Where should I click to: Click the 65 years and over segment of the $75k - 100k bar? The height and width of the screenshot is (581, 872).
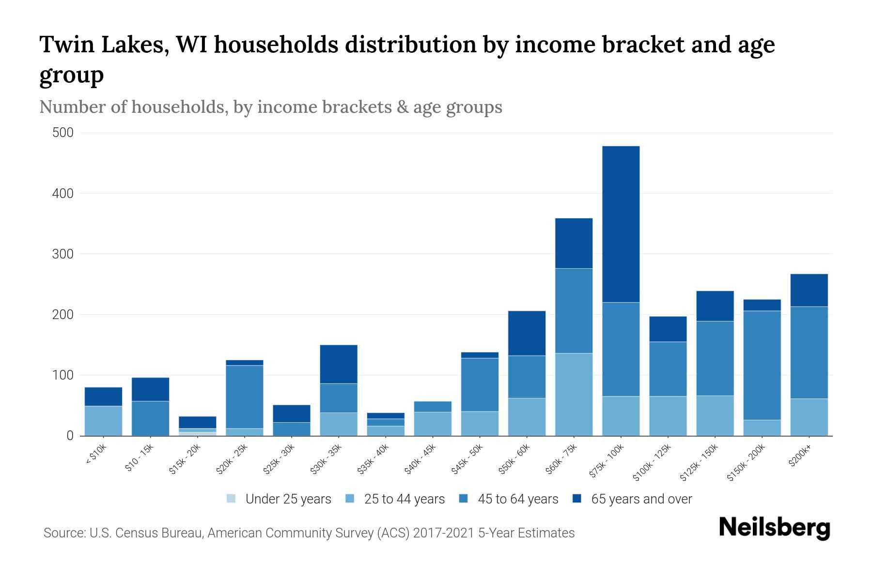click(x=621, y=224)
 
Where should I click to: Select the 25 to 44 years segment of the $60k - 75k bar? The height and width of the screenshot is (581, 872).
click(x=574, y=394)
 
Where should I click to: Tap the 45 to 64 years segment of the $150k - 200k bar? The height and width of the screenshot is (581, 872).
click(x=762, y=365)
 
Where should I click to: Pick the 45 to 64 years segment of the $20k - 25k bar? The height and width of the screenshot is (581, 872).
click(x=245, y=397)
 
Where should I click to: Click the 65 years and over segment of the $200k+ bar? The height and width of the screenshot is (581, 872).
click(x=809, y=290)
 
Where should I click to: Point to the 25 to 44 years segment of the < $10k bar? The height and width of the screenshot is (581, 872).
click(x=103, y=420)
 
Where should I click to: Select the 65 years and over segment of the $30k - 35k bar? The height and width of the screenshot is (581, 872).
click(x=339, y=364)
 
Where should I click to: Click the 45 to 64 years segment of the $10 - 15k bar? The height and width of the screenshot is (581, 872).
click(x=150, y=418)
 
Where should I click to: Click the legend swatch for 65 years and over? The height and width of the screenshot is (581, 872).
click(x=577, y=499)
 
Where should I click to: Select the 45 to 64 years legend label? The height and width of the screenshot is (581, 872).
click(x=518, y=499)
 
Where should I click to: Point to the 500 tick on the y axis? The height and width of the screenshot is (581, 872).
click(x=62, y=133)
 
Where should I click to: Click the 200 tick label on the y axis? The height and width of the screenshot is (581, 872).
click(x=62, y=315)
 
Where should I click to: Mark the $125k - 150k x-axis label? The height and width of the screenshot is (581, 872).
click(x=700, y=464)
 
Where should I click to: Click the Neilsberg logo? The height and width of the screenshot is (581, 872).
click(x=774, y=528)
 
